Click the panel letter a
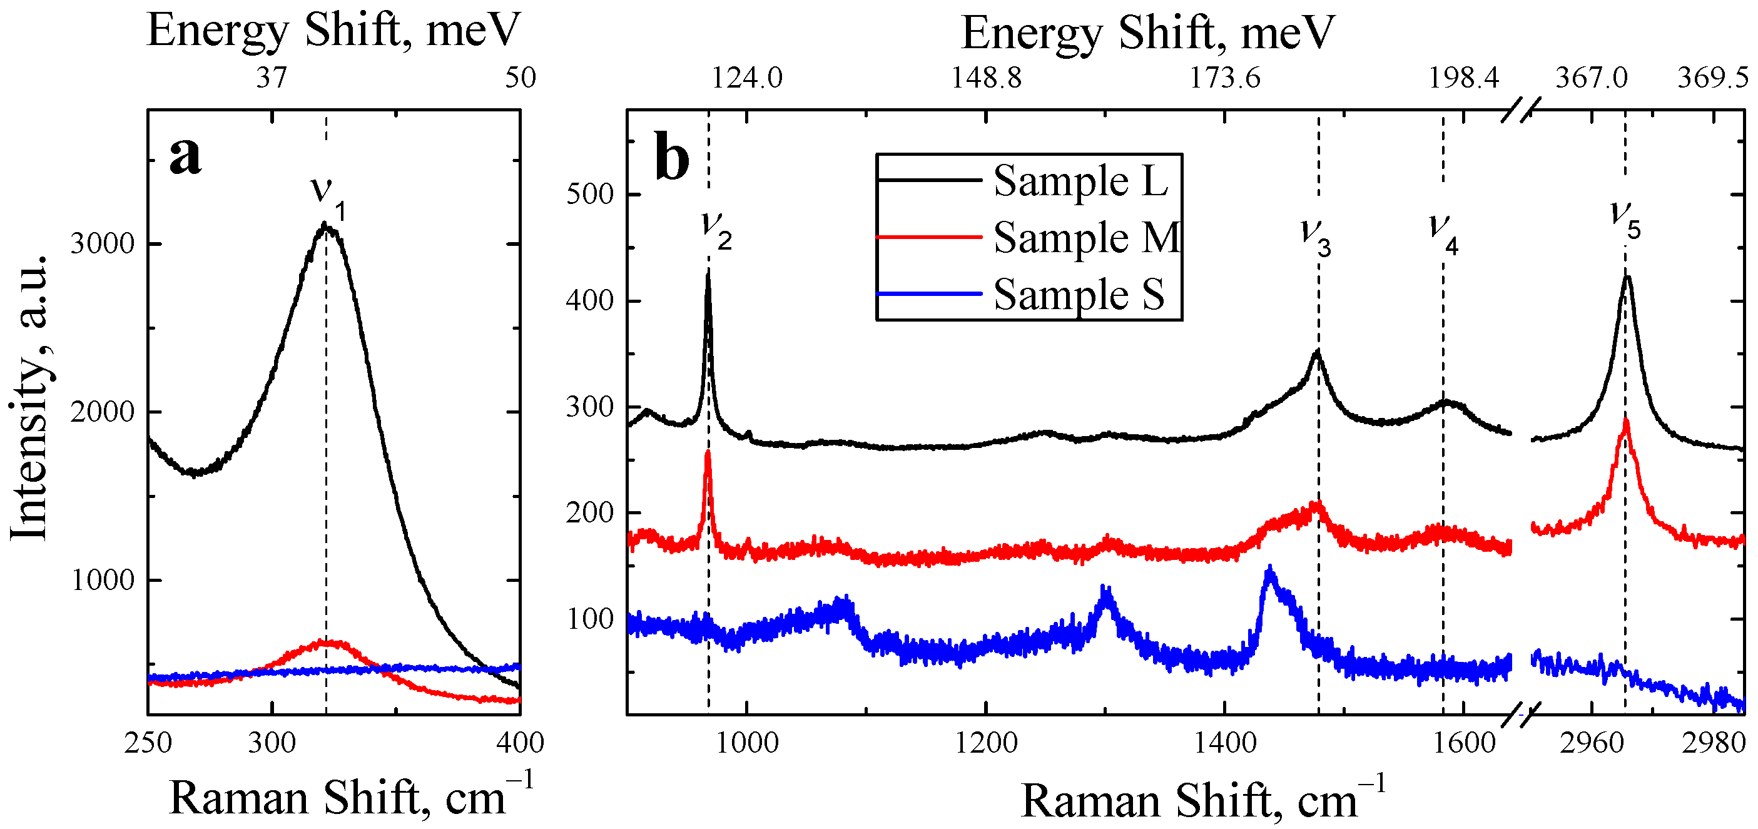pyautogui.click(x=185, y=156)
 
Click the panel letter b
pyautogui.click(x=671, y=158)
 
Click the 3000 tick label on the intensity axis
pyautogui.click(x=103, y=243)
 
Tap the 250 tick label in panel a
pyautogui.click(x=148, y=743)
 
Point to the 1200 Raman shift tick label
pyautogui.click(x=986, y=743)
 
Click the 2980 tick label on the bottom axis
pyautogui.click(x=1714, y=743)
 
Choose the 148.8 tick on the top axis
pyautogui.click(x=986, y=78)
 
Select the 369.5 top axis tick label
pyautogui.click(x=1713, y=78)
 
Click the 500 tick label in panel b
pyautogui.click(x=591, y=195)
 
